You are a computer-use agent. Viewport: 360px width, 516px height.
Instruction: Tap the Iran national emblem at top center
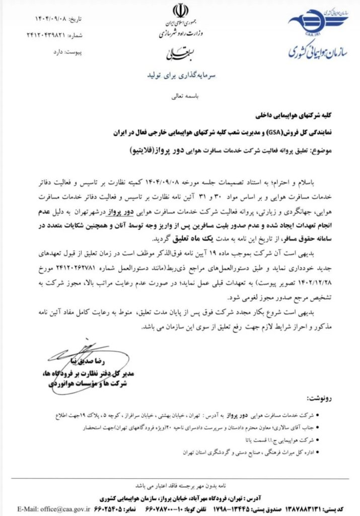point(179,11)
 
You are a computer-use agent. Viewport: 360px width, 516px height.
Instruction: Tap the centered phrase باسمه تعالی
point(180,94)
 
